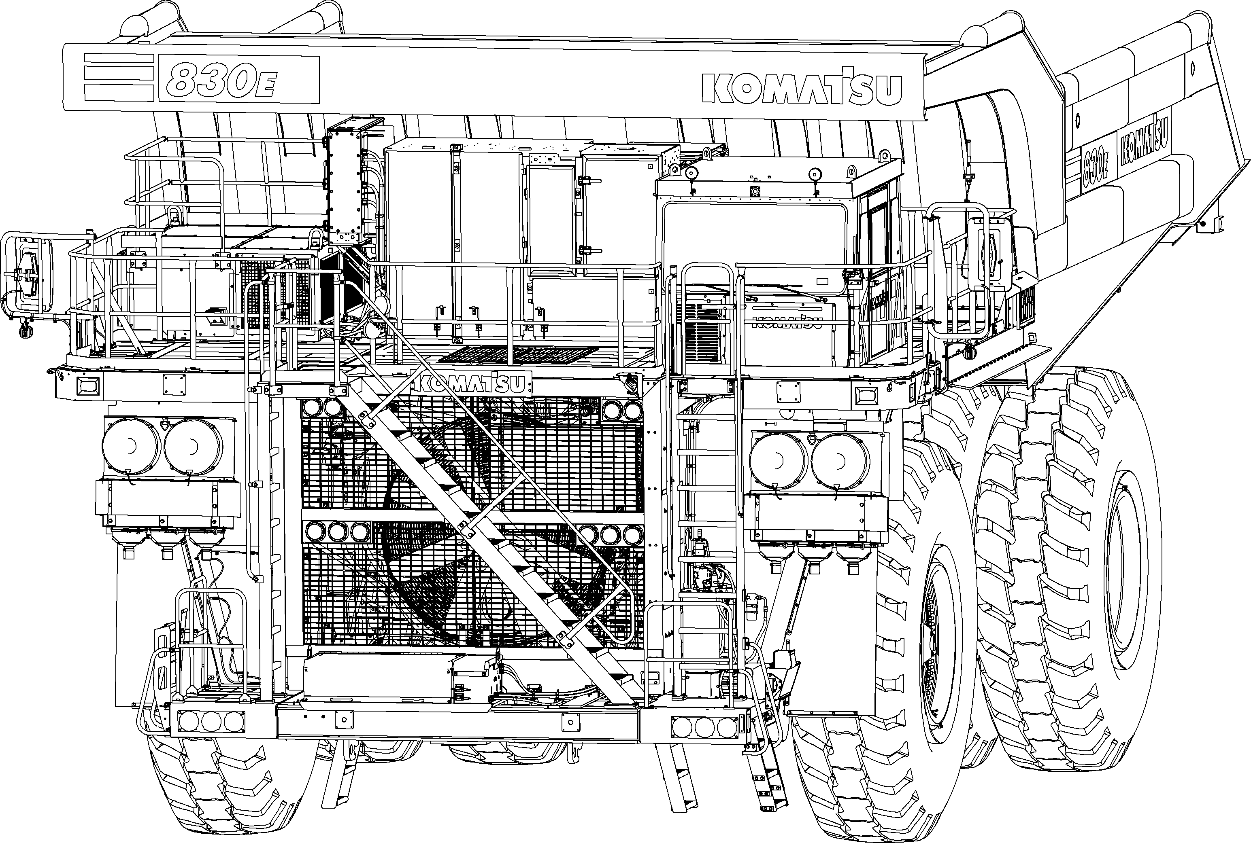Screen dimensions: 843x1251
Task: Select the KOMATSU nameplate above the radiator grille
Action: (471, 383)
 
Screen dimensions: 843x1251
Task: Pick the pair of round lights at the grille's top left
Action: (323, 408)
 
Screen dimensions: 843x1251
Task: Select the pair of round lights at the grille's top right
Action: (621, 410)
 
